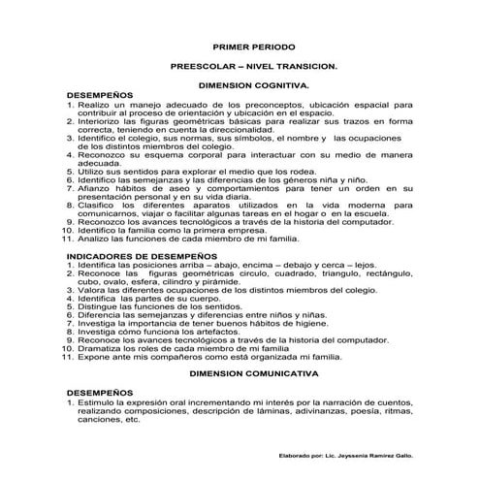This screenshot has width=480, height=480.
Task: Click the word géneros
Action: (x=286, y=180)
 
